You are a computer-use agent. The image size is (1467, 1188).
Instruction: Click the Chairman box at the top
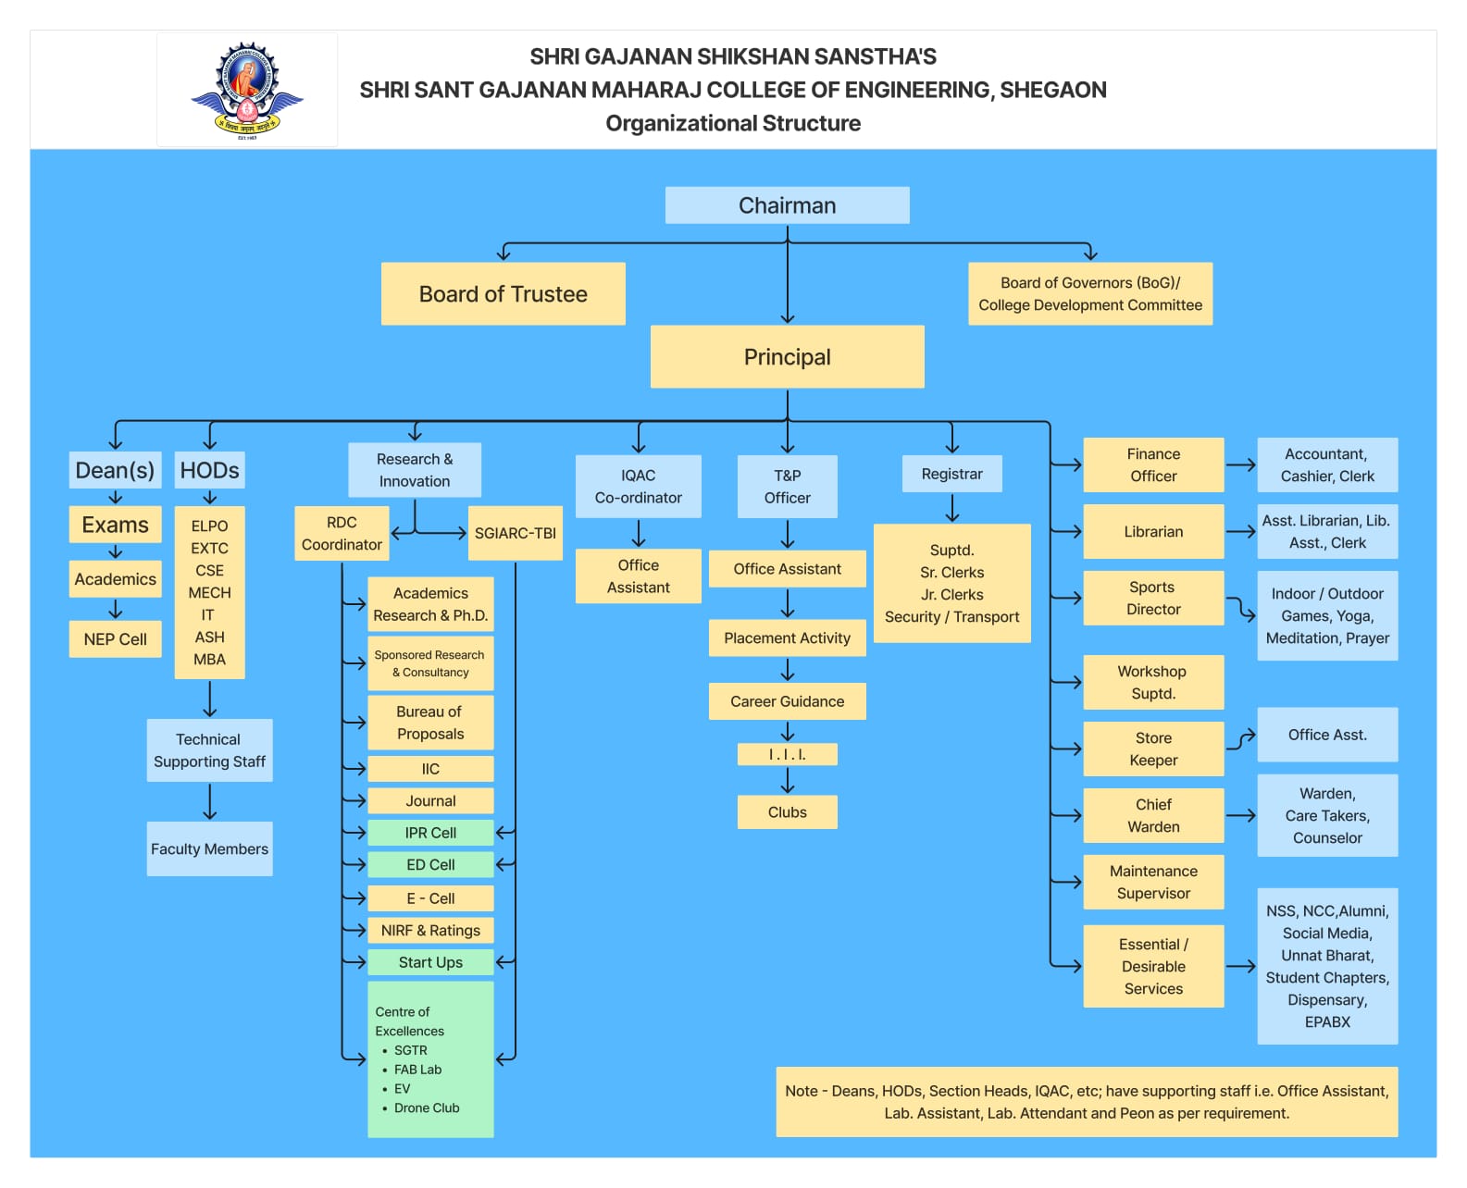(x=787, y=205)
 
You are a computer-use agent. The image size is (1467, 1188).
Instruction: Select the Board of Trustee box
(x=503, y=294)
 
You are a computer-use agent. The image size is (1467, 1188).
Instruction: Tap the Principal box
(x=787, y=356)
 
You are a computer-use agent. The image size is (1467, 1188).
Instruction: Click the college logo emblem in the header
(x=246, y=90)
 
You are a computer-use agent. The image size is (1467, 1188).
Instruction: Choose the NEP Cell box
(x=115, y=639)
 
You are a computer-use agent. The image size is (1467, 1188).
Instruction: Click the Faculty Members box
(x=209, y=848)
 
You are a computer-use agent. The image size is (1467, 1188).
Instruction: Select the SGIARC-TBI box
(x=516, y=534)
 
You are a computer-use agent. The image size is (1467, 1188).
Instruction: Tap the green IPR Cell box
(x=430, y=833)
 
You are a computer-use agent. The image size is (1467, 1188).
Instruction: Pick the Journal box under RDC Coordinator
(x=430, y=800)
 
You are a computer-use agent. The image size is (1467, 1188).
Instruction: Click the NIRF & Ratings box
(x=430, y=931)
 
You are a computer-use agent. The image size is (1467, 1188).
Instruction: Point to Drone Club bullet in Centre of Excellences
(x=426, y=1108)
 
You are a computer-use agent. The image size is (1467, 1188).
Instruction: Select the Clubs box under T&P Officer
(x=787, y=812)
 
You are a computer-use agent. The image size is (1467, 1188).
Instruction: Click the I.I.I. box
(x=787, y=754)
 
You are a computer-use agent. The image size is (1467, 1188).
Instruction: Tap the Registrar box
(x=951, y=474)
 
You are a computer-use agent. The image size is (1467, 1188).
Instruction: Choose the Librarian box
(x=1153, y=531)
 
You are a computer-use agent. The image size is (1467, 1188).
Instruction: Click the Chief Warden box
(x=1153, y=816)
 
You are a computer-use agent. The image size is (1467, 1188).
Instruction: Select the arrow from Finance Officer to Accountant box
(x=1240, y=465)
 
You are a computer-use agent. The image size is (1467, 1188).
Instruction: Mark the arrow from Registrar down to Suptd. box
(x=951, y=508)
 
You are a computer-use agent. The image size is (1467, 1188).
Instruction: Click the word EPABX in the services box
(x=1327, y=1022)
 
